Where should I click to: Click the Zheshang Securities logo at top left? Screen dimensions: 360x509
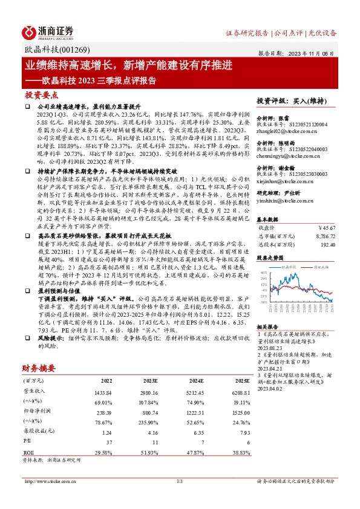48,31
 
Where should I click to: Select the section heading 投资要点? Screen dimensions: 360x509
41,96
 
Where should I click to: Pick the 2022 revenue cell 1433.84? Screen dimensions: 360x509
103,392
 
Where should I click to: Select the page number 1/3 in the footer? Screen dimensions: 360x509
179,481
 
